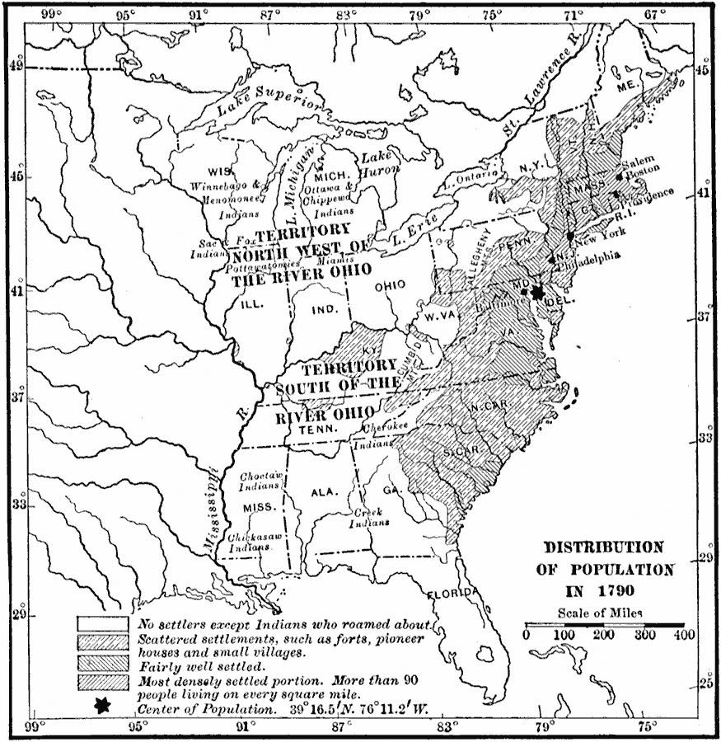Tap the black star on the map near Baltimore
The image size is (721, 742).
(x=538, y=292)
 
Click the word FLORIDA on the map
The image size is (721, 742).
(x=451, y=594)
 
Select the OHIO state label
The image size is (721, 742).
(x=389, y=285)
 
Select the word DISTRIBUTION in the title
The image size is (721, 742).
(x=602, y=547)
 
